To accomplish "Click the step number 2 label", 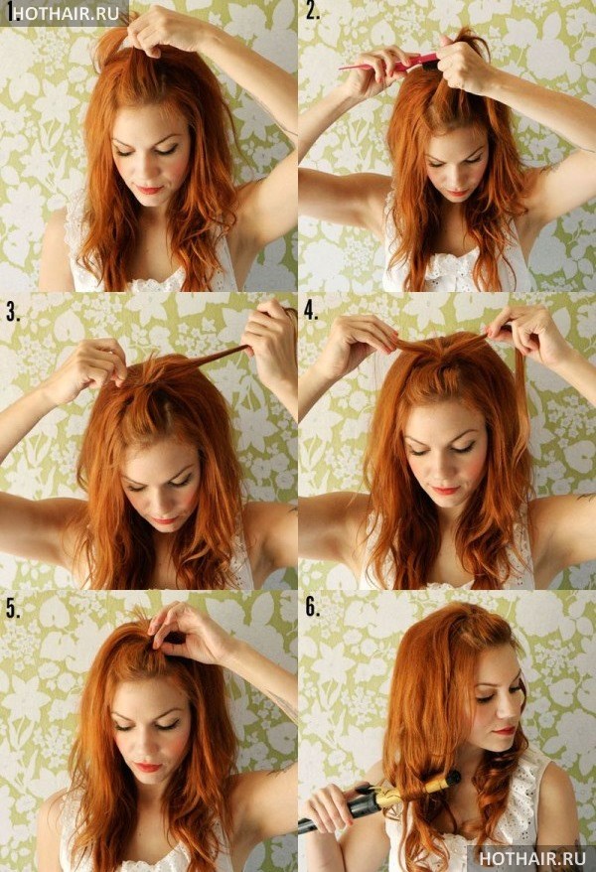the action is [x=313, y=11].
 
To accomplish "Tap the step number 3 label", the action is [x=13, y=312].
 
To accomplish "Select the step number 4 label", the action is [x=311, y=312].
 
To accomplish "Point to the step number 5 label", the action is [x=13, y=609].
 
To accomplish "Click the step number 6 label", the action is [x=313, y=608].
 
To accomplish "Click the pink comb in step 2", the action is [x=389, y=64].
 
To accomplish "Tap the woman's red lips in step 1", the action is [x=149, y=190].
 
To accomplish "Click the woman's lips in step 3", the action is [x=164, y=520].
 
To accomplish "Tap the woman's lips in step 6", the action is [x=505, y=730].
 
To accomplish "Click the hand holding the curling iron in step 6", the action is [x=329, y=800].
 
